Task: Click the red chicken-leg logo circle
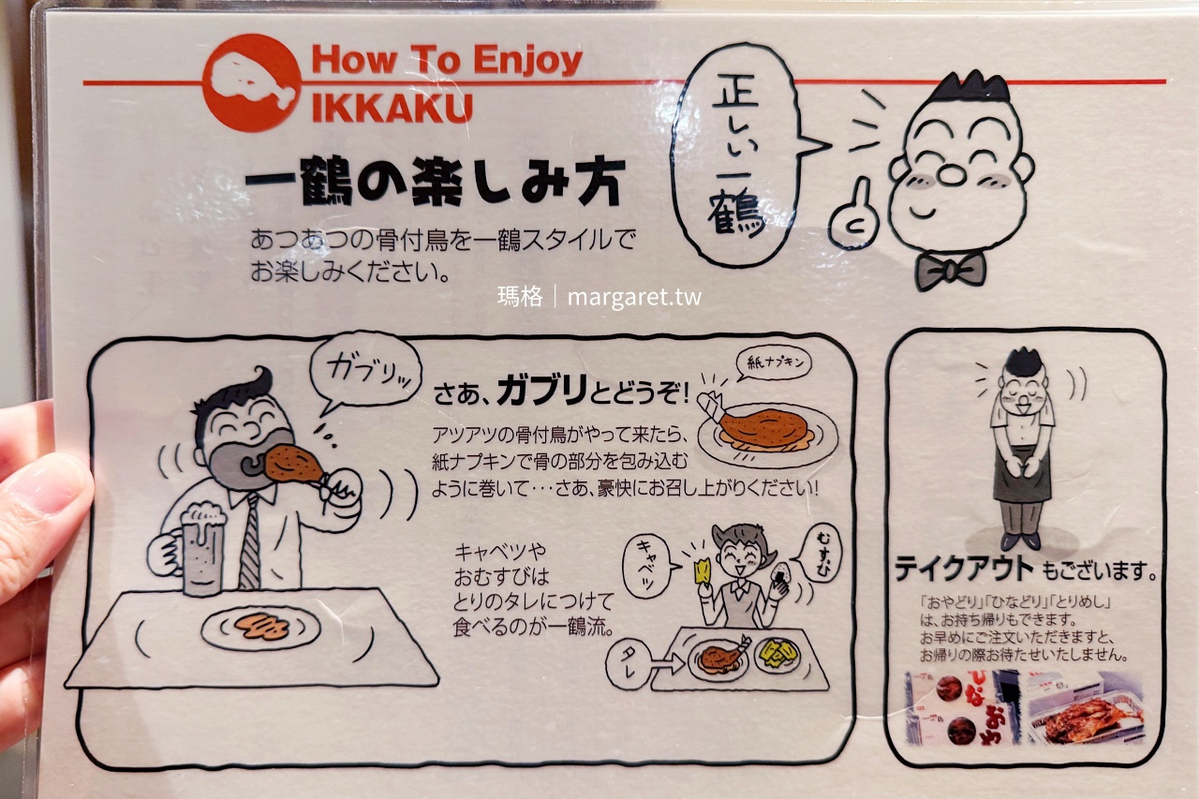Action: [x=252, y=83]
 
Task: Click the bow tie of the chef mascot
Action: [x=950, y=270]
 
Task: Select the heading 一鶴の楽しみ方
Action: [x=435, y=184]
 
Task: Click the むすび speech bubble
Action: [x=821, y=553]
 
